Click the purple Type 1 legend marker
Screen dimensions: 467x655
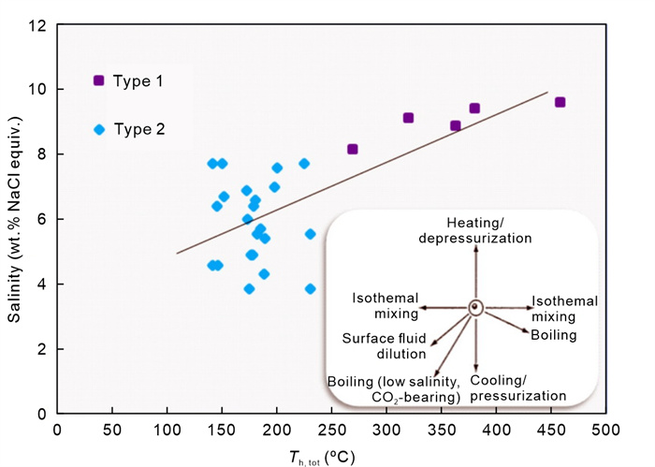pyautogui.click(x=99, y=80)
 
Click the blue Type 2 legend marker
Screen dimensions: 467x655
pyautogui.click(x=99, y=129)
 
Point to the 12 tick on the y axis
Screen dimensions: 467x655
pyautogui.click(x=37, y=24)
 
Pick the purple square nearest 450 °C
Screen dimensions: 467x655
pyautogui.click(x=560, y=102)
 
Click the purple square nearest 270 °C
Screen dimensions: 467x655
pyautogui.click(x=353, y=149)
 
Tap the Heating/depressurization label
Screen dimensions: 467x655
pyautogui.click(x=475, y=231)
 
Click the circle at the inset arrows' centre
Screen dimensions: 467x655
pyautogui.click(x=475, y=307)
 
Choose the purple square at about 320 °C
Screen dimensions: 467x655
pyautogui.click(x=408, y=118)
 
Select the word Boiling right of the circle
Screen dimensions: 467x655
pyautogui.click(x=554, y=334)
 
